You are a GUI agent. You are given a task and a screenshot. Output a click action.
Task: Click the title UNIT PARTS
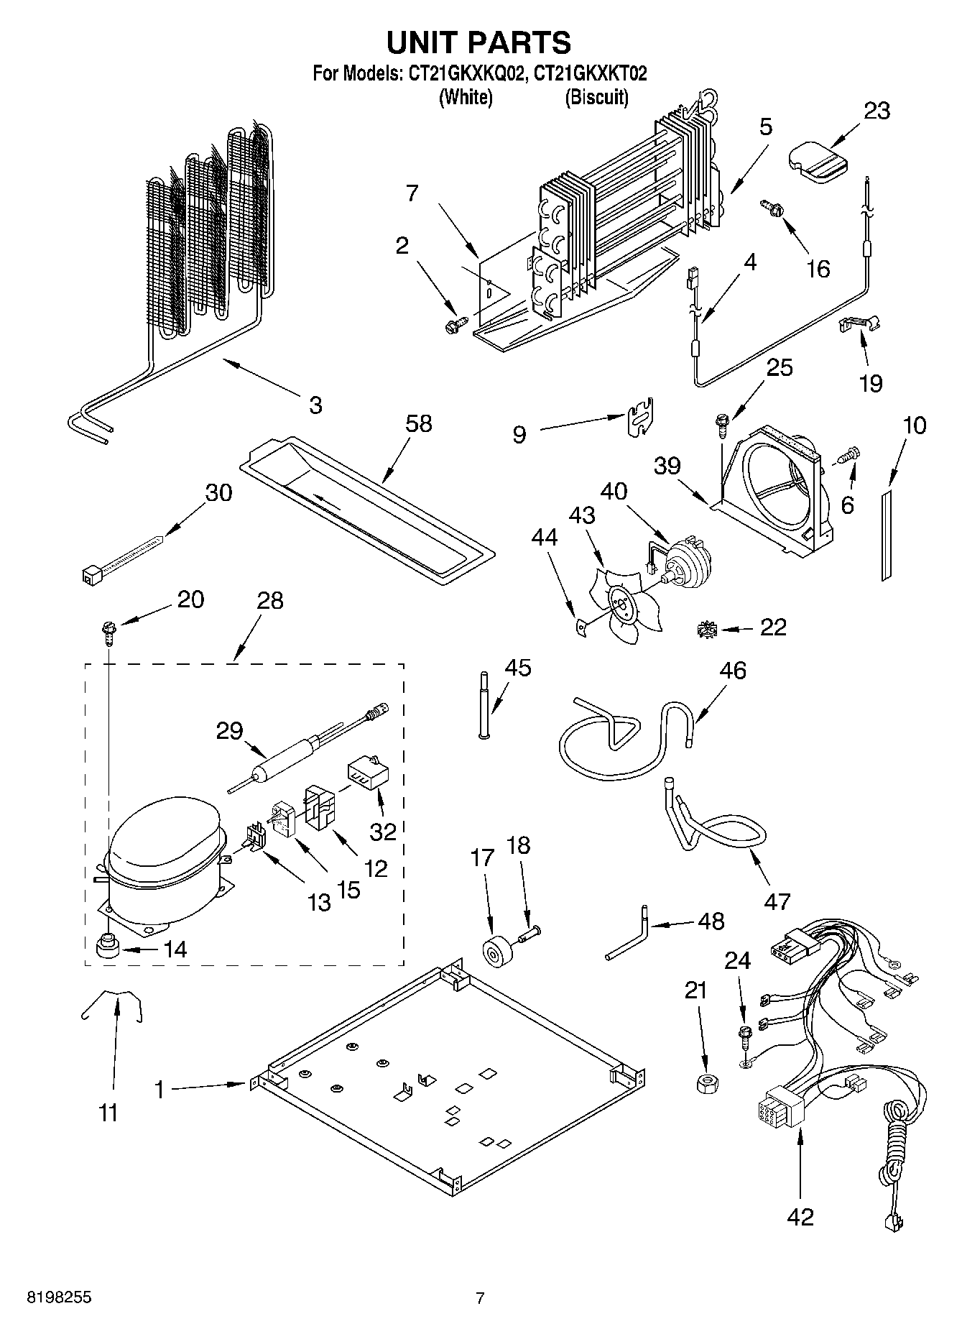pos(479,43)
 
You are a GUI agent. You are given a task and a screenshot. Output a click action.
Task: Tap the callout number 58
pos(418,423)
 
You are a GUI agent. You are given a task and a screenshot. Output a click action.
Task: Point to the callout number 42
pos(800,1216)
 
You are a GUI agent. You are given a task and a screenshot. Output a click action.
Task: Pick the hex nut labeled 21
pos(708,1082)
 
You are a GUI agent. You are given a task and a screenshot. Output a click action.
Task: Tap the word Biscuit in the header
pos(596,97)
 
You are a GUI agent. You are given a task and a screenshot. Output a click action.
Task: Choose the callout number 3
pos(315,405)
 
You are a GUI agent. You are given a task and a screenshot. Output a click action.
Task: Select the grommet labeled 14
pos(107,947)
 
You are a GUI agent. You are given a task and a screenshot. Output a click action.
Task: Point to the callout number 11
pos(108,1113)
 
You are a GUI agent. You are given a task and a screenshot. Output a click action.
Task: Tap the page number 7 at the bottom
pos(481,1297)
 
